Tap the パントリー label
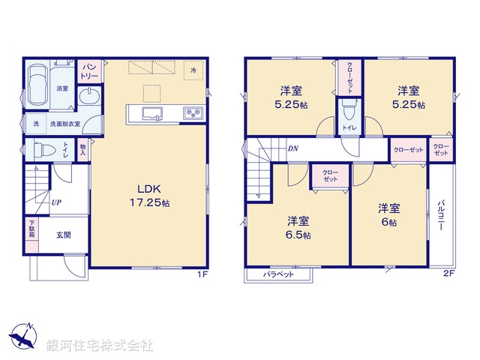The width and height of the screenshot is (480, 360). coord(89,71)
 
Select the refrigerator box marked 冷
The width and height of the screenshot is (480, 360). coord(193,70)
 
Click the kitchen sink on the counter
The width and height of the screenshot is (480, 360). coord(152,114)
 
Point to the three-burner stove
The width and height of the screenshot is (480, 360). coord(193,113)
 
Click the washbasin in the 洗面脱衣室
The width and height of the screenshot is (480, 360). coord(89,96)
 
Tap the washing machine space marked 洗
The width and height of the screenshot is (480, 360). coord(36,124)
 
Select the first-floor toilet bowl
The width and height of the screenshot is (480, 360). coord(45,150)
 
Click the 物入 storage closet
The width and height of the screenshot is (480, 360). coord(82,150)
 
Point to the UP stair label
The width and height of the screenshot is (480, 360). coord(56,202)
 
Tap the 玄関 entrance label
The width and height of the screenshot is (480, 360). coord(64,235)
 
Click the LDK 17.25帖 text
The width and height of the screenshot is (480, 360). coord(149,196)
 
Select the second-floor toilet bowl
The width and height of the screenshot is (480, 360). coord(349,110)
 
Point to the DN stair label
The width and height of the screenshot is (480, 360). coord(293,148)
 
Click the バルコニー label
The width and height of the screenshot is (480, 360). coord(442,215)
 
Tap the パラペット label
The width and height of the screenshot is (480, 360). coord(278,274)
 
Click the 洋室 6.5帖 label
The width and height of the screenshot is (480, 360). coord(298,228)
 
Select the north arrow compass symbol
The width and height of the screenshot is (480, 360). coord(23,335)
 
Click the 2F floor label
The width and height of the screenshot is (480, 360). coord(448,274)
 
